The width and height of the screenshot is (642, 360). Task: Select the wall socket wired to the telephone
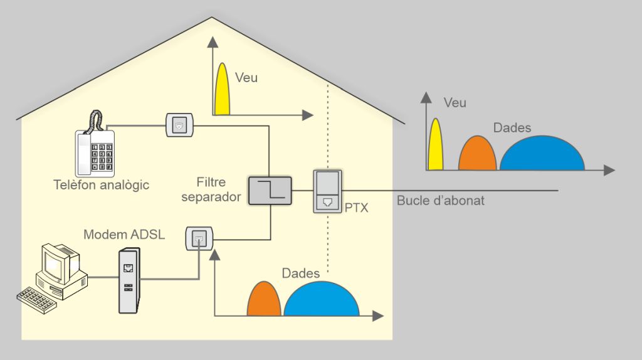[181, 125]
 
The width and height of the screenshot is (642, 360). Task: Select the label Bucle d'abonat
[440, 201]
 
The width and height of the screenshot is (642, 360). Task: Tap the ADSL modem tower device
[128, 281]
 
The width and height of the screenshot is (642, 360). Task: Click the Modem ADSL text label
[124, 235]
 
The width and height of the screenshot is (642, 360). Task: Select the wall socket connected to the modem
[199, 239]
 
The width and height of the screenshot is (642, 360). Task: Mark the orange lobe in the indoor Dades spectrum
[263, 300]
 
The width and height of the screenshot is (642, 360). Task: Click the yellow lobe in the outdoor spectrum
[435, 147]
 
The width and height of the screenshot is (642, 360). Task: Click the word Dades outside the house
[512, 128]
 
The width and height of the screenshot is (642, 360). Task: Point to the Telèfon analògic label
[101, 186]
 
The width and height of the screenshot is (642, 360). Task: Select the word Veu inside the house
[246, 78]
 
